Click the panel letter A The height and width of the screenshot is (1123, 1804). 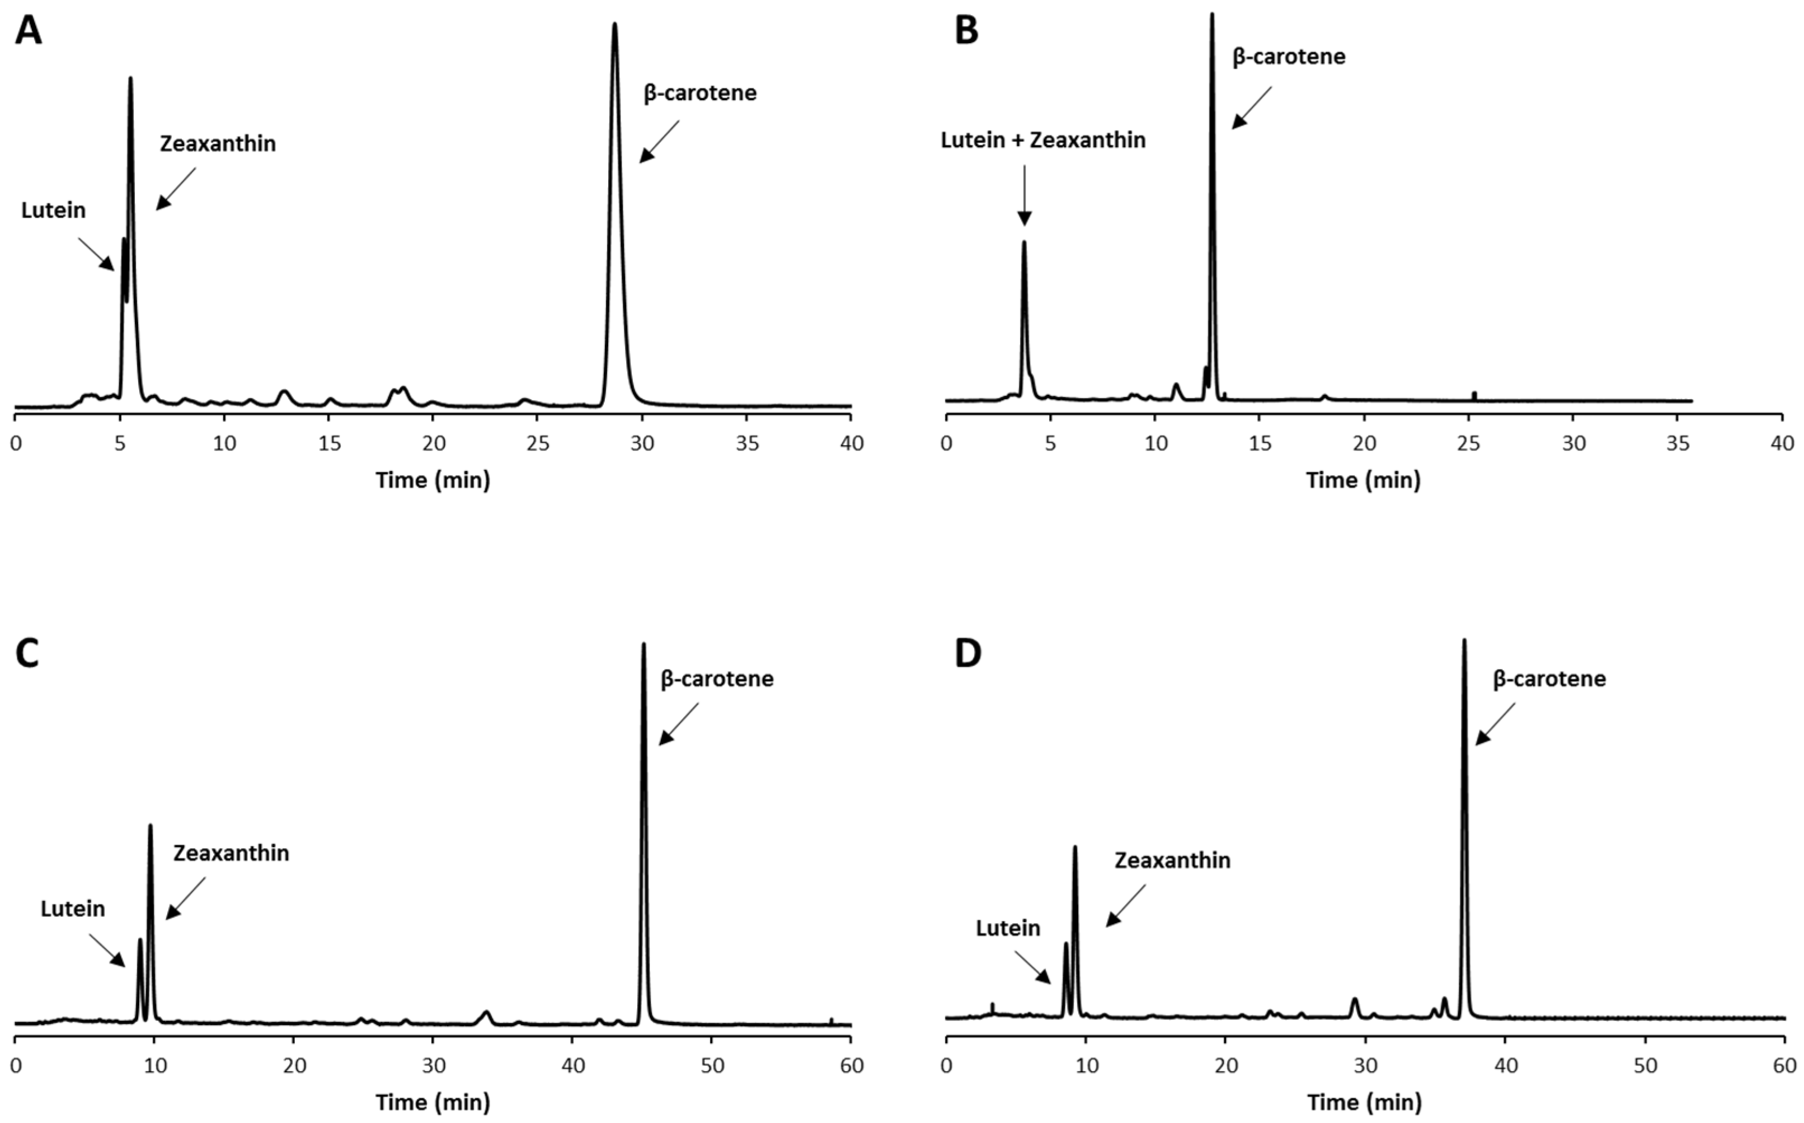(28, 32)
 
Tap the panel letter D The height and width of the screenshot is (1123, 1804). (967, 654)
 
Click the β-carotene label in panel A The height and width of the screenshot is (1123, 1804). (699, 93)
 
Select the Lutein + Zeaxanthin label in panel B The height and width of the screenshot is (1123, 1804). (1042, 141)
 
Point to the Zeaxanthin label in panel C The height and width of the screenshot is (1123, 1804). (231, 853)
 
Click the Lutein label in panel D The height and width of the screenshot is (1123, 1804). (1007, 928)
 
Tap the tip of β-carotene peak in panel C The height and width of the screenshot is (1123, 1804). (643, 645)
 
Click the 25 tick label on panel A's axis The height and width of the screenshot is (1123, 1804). (538, 444)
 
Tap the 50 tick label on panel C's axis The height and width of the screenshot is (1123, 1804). (711, 1066)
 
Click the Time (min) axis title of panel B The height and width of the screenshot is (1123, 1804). (1363, 480)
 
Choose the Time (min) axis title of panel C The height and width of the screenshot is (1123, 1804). (433, 1103)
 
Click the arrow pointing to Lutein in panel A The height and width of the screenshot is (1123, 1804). (96, 254)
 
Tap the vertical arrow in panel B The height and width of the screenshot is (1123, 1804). (1024, 195)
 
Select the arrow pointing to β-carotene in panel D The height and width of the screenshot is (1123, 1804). (1493, 724)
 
